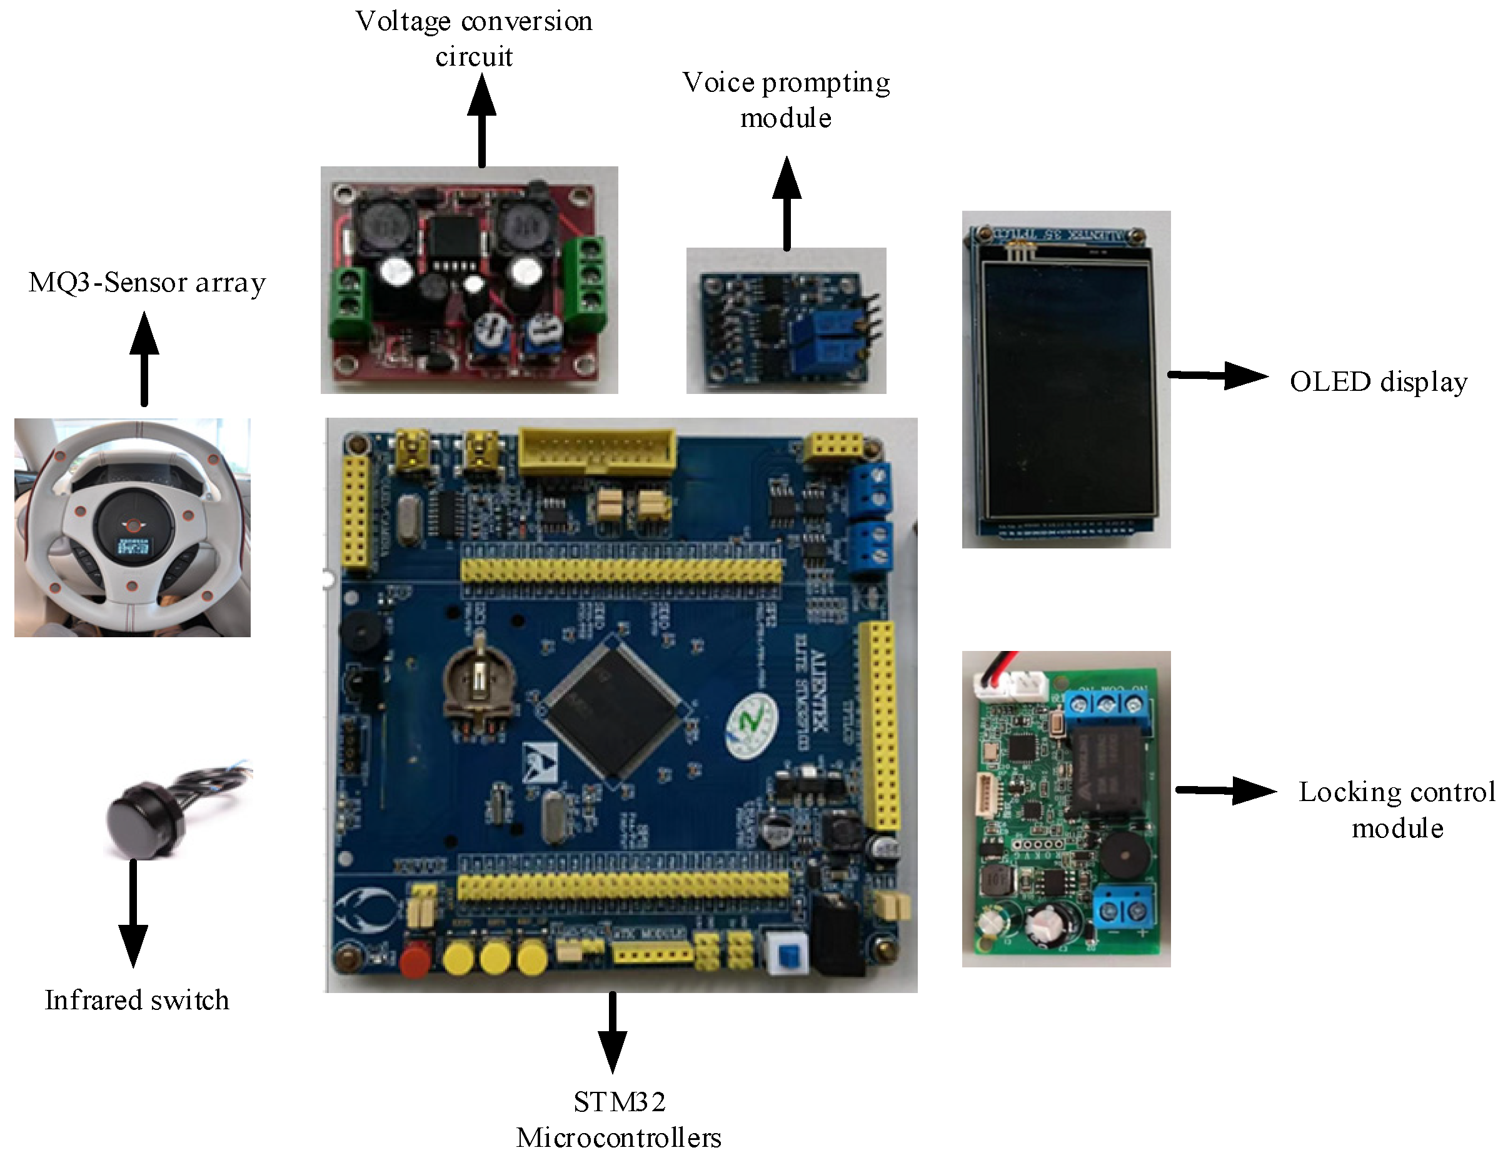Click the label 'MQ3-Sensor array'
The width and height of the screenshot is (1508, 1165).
147,283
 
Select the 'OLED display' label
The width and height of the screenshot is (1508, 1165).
1377,382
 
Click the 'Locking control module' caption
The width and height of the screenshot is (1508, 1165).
1396,809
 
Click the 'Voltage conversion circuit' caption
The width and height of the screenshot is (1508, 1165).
474,39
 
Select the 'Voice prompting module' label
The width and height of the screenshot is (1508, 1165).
786,100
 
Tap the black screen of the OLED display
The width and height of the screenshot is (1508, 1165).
1067,390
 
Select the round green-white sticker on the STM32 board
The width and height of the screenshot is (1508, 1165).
751,725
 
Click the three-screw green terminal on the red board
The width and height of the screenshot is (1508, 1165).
586,283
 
